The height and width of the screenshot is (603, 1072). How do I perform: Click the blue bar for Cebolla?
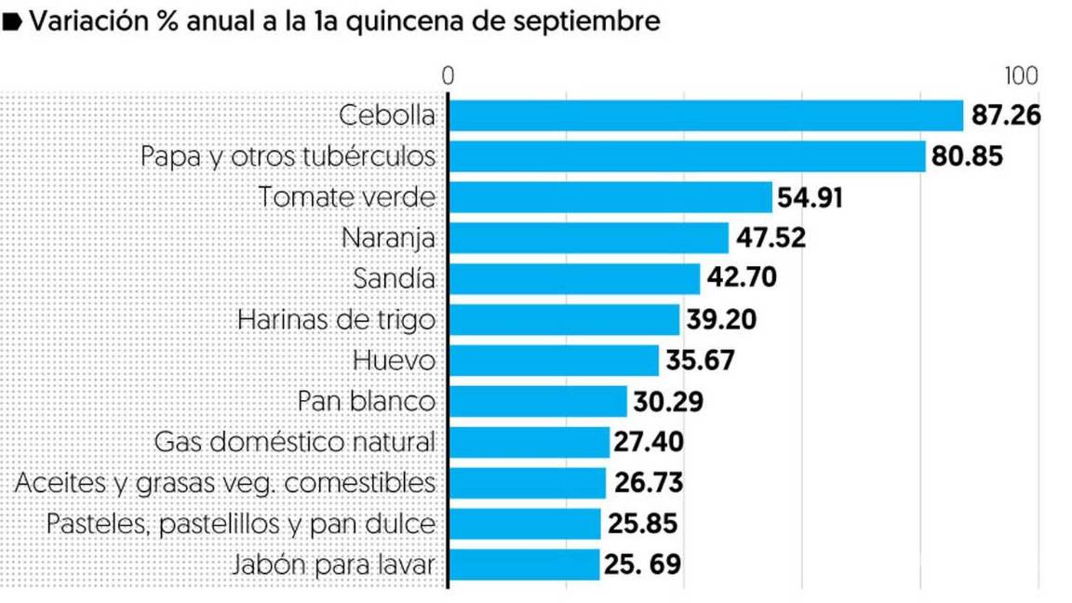tap(705, 116)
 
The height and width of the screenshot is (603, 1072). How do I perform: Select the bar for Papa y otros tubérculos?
tap(687, 156)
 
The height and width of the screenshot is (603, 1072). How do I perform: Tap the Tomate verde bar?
tap(610, 197)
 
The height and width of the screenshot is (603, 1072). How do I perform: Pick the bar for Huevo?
tap(554, 360)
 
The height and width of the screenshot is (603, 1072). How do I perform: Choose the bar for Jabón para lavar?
tap(524, 564)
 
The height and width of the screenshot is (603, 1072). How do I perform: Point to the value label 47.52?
tap(770, 238)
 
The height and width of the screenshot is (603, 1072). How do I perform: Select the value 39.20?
tap(721, 320)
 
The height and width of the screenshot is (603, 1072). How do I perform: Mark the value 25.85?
tap(642, 524)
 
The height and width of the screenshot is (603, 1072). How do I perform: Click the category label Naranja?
tap(389, 238)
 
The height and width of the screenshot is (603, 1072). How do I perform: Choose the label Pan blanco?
tap(367, 401)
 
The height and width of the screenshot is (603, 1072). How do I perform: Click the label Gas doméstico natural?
tap(295, 442)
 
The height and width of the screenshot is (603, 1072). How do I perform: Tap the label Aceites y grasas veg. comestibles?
tap(226, 483)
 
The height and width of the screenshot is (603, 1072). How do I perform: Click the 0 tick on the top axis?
tap(448, 76)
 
